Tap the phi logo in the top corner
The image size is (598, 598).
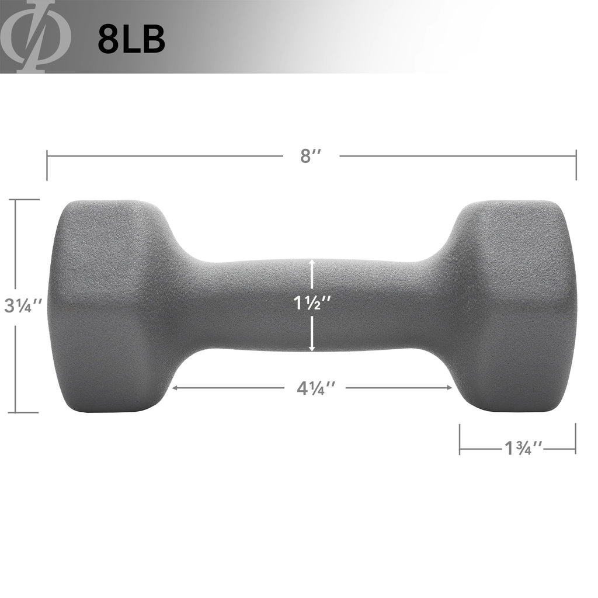pyautogui.click(x=36, y=36)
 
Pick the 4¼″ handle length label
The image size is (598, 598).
pyautogui.click(x=316, y=388)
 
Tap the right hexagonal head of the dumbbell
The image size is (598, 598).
pyautogui.click(x=514, y=306)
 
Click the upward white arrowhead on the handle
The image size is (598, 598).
pyautogui.click(x=312, y=263)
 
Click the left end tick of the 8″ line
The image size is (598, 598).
pyautogui.click(x=47, y=165)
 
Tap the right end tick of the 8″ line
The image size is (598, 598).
pyautogui.click(x=576, y=165)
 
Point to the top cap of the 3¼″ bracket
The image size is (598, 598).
pyautogui.click(x=23, y=200)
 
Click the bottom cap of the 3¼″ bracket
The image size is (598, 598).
pyautogui.click(x=23, y=412)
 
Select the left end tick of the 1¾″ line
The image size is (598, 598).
pyautogui.click(x=460, y=439)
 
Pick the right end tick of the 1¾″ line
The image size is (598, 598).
pyautogui.click(x=575, y=439)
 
